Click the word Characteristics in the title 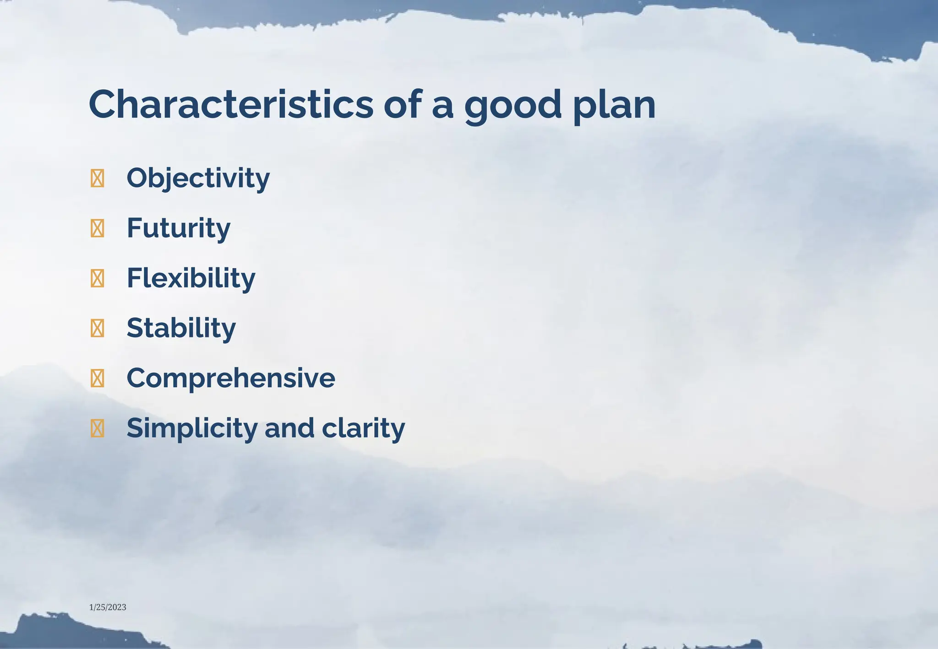point(231,104)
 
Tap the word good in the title point(513,105)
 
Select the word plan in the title point(614,105)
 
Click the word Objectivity point(198,178)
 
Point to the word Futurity point(178,228)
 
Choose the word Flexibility point(191,278)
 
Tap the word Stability point(181,328)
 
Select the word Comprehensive point(230,378)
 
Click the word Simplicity point(192,428)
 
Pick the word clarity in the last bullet point(363,428)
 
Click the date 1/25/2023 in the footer point(108,607)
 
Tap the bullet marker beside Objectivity point(97,178)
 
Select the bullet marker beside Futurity point(97,228)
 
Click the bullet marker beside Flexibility point(97,278)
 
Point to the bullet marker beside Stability point(97,328)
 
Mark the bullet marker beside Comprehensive point(97,378)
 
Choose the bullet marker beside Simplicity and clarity point(97,428)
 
